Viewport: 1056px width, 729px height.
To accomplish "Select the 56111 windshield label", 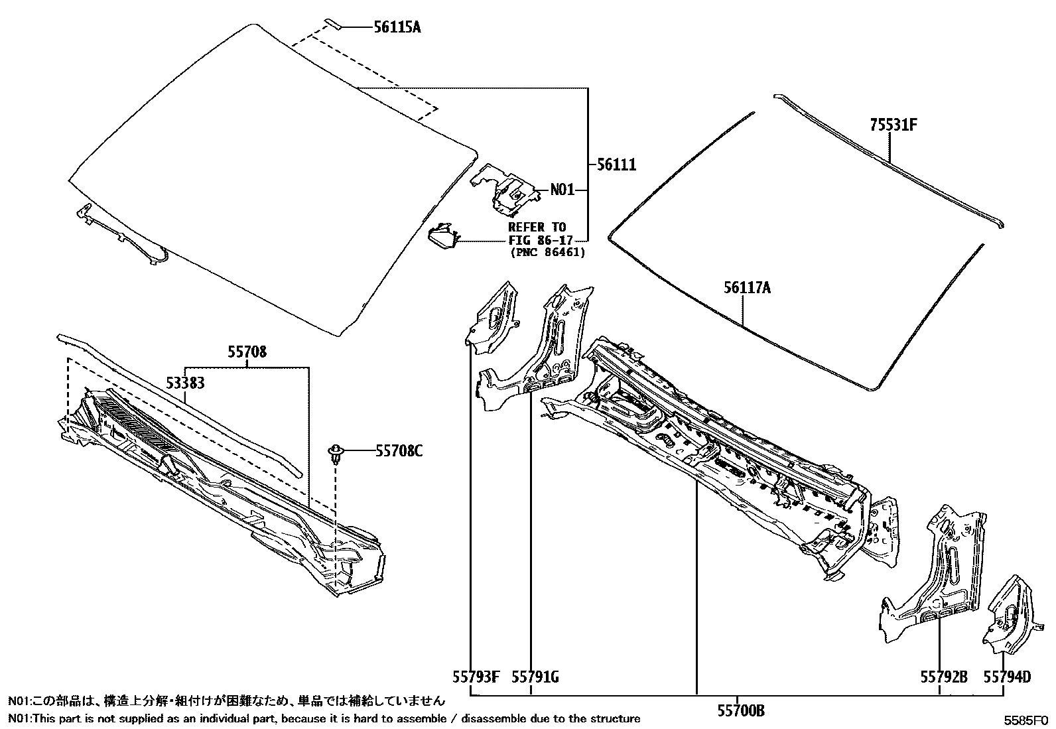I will [x=616, y=165].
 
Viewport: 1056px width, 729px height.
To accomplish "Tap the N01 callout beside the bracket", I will [x=562, y=190].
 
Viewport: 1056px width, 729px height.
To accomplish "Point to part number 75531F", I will [x=893, y=125].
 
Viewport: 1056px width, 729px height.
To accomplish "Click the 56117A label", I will [x=748, y=288].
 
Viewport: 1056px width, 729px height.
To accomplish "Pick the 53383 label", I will [x=184, y=383].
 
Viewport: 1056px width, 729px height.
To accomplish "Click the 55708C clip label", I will [x=399, y=451].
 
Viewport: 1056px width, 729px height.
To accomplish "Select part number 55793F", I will [x=476, y=677].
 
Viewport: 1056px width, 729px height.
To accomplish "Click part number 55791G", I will [x=535, y=677].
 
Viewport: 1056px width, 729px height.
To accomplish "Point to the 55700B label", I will [x=741, y=711].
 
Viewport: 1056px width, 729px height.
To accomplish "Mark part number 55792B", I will [x=944, y=677].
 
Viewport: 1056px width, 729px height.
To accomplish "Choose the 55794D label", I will [x=1007, y=677].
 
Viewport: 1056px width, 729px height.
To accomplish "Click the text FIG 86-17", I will [x=538, y=240].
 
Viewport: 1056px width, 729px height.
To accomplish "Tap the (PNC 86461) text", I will [x=548, y=253].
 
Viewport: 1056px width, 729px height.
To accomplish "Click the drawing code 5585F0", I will [x=1025, y=719].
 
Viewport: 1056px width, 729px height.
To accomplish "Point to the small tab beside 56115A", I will [x=334, y=25].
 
